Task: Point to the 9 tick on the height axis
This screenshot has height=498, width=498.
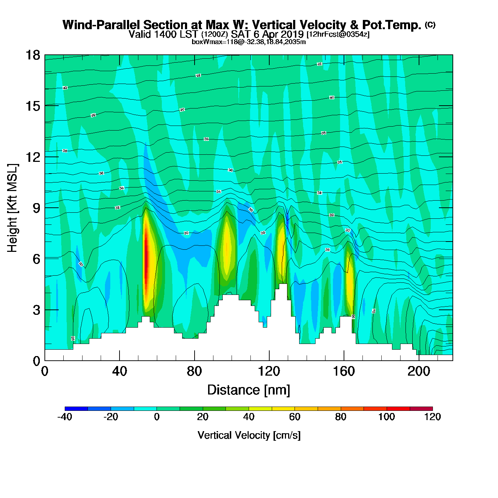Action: point(45,208)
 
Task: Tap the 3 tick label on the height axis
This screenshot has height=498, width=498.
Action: point(36,310)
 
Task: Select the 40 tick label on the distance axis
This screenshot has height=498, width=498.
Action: point(120,371)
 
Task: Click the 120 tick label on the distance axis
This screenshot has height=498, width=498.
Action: point(269,371)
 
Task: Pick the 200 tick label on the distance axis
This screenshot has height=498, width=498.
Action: point(419,371)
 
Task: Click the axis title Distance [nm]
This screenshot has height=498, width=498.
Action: point(249,390)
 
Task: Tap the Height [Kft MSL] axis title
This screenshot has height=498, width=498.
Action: point(12,208)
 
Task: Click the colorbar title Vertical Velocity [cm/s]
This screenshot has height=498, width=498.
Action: point(249,435)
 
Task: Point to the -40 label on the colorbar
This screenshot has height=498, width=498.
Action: point(65,417)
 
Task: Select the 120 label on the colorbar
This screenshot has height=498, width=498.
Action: point(433,417)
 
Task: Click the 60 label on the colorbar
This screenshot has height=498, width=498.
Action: point(295,417)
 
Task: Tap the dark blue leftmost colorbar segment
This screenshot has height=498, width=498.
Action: point(76,409)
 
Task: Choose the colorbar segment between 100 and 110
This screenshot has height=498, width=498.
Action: point(398,409)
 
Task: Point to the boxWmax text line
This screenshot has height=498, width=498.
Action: point(249,42)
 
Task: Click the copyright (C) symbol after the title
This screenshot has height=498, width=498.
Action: point(430,25)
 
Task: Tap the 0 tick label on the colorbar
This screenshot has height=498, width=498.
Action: point(157,417)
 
